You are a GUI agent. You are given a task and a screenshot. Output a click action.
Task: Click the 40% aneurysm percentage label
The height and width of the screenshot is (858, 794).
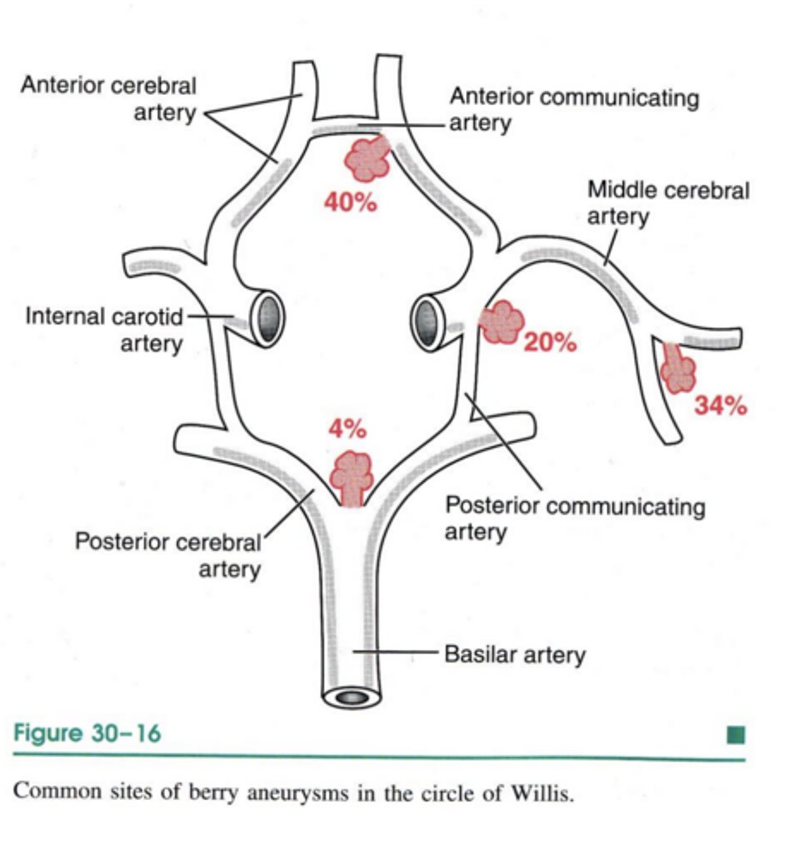coord(350,203)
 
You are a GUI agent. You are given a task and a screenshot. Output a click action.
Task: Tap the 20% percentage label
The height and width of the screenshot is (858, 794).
coord(550,343)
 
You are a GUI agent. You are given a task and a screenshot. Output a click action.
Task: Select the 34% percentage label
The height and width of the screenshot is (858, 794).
coord(720,406)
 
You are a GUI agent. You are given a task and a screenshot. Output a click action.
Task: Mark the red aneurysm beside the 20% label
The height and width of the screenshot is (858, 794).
coord(501,322)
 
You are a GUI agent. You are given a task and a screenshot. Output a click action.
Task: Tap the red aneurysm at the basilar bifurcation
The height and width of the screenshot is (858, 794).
coord(351,473)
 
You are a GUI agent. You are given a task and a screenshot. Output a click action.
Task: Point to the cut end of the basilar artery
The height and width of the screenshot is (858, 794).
coord(352,696)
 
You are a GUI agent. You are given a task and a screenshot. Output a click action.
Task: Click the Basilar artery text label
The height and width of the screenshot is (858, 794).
coord(515,654)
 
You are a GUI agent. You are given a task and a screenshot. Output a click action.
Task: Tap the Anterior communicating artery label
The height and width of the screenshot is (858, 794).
coord(573,109)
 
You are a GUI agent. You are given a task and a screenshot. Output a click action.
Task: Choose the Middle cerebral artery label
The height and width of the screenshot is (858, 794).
coord(668,203)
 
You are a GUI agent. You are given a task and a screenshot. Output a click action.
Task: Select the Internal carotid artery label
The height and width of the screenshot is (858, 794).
coord(104,329)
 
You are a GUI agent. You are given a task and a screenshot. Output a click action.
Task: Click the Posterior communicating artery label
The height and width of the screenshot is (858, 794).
coord(575,518)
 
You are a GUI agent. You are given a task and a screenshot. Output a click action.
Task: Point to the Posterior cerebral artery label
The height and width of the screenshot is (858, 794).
coord(169,556)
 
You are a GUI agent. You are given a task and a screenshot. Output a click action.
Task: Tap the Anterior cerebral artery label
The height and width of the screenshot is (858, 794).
coord(109,99)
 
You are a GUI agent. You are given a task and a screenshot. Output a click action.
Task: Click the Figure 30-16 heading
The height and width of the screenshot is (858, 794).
coord(86,734)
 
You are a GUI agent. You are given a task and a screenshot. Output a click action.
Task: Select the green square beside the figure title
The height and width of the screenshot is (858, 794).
coord(735,734)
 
